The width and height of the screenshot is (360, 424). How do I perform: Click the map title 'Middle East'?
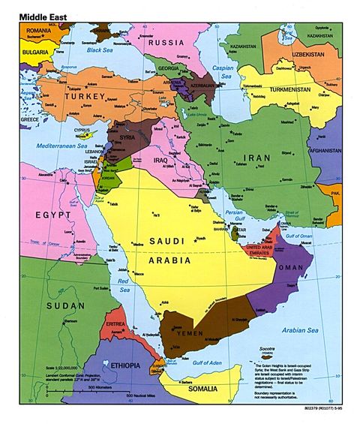pyautogui.click(x=43, y=14)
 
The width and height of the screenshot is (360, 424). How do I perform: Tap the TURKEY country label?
pyautogui.click(x=83, y=97)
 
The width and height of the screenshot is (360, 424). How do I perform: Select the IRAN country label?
pyautogui.click(x=259, y=159)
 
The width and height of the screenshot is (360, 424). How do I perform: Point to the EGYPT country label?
pyautogui.click(x=55, y=215)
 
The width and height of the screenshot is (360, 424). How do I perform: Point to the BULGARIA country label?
pyautogui.click(x=34, y=53)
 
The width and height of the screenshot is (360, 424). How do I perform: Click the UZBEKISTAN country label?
pyautogui.click(x=316, y=55)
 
